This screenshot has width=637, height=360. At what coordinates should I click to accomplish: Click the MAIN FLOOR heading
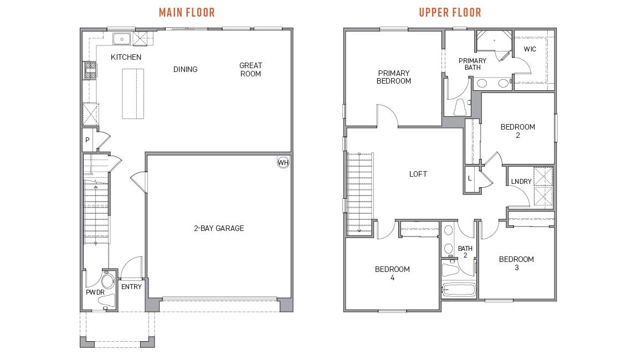tap(187, 12)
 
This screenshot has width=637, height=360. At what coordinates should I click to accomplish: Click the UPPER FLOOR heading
tap(450, 12)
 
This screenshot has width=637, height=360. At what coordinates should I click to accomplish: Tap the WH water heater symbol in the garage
tap(283, 162)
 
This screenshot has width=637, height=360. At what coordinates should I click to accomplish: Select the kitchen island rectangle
tap(133, 94)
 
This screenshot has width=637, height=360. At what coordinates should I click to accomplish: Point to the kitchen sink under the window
tap(121, 39)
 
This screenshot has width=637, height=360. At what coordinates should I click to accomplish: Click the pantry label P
tap(88, 141)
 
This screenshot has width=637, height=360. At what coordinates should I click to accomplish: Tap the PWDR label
tap(95, 292)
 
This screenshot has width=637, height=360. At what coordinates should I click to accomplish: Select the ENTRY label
tap(131, 287)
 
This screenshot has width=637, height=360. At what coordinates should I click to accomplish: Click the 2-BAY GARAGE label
tap(219, 228)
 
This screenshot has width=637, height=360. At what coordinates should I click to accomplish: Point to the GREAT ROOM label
tap(250, 69)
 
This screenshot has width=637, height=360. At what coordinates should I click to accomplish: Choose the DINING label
tap(185, 69)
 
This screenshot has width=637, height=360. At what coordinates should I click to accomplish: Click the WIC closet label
tap(530, 49)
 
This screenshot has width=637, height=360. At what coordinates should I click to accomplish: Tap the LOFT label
tap(418, 174)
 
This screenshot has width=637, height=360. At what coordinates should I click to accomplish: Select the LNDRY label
tap(521, 182)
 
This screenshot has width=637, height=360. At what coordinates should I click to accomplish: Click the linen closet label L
tap(470, 178)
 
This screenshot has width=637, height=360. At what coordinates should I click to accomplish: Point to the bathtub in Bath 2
tap(459, 290)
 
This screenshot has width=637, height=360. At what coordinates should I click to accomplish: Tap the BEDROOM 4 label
tap(392, 274)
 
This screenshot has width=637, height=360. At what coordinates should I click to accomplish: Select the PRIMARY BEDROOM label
tap(394, 77)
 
